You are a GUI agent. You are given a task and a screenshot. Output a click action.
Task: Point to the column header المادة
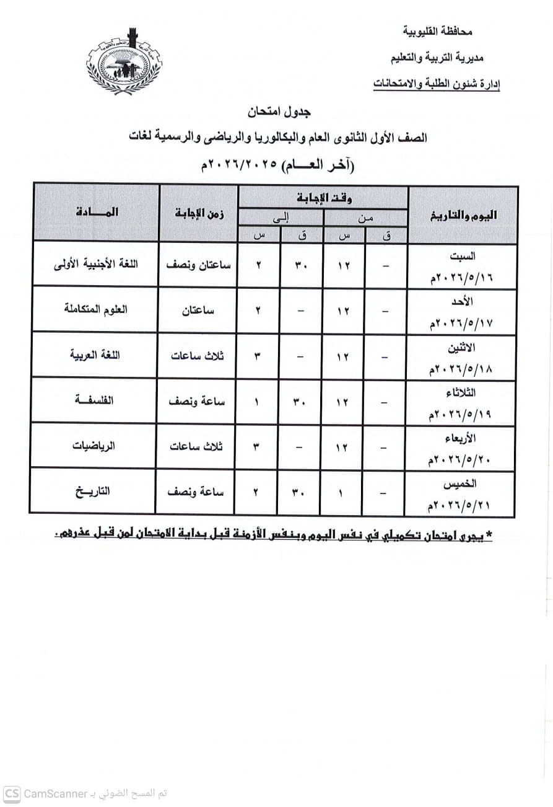(96, 212)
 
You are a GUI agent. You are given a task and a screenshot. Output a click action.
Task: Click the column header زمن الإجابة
(199, 214)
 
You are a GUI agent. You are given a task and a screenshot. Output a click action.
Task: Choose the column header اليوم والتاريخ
(463, 215)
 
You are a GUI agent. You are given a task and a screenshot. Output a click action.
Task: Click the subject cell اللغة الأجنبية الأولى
(96, 263)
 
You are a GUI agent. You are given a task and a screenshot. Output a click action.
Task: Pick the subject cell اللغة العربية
(96, 355)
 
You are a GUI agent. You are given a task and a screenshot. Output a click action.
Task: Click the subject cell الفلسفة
(96, 401)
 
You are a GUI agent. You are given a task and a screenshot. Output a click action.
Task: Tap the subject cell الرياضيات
(96, 446)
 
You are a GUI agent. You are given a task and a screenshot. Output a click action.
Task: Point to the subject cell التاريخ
(93, 492)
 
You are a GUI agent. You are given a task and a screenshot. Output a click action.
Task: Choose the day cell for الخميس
(460, 493)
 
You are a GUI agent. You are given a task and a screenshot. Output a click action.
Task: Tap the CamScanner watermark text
(87, 793)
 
